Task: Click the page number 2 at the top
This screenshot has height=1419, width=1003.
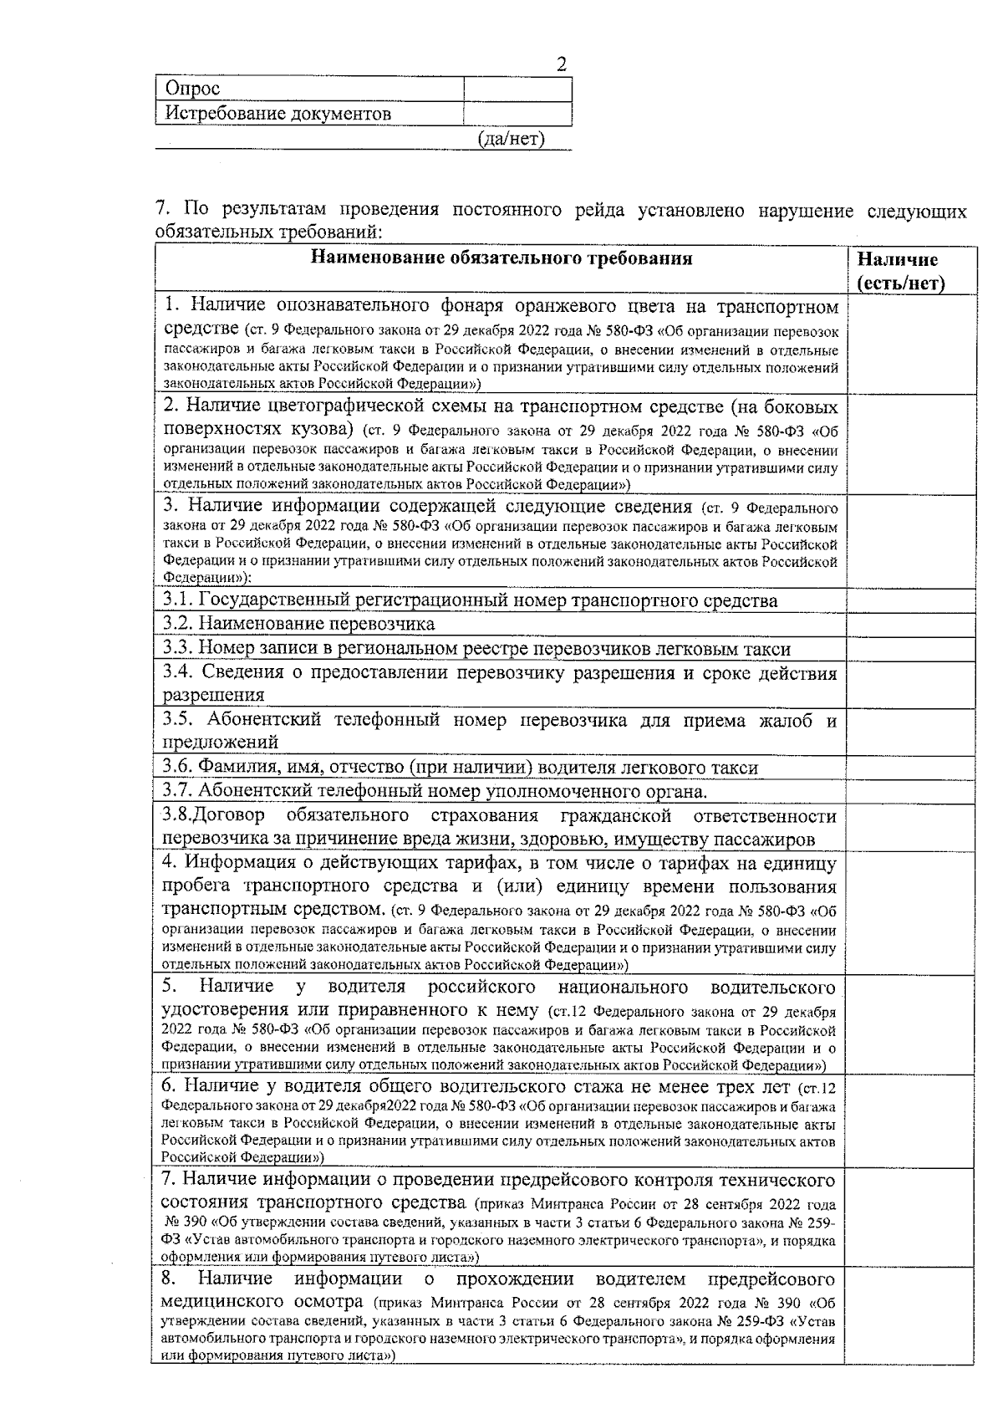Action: (x=561, y=65)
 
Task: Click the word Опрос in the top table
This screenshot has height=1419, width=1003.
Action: (x=192, y=89)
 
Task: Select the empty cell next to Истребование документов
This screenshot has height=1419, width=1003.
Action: (x=517, y=113)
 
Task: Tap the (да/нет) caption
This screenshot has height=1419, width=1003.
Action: (x=511, y=138)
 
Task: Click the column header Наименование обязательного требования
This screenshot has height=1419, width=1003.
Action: (x=501, y=258)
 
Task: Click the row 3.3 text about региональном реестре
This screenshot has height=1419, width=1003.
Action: (x=476, y=648)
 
